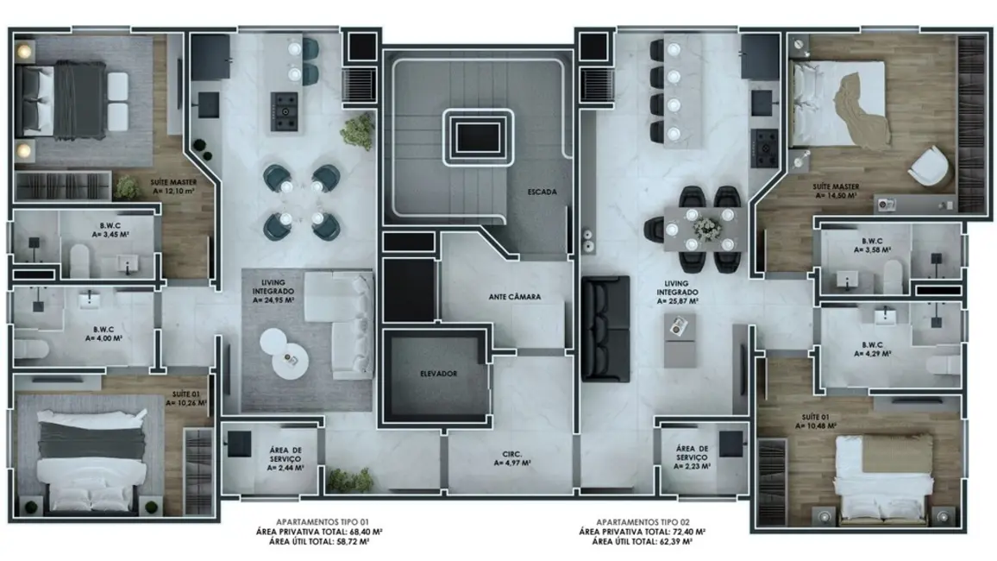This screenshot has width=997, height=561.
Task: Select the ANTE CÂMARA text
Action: point(514,297)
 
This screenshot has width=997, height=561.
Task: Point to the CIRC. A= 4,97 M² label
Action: point(511,457)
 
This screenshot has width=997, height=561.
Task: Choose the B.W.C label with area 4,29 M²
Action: point(872,348)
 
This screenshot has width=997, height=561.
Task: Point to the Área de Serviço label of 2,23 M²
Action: point(693,457)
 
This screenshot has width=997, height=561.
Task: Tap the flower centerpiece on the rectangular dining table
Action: point(706,227)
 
